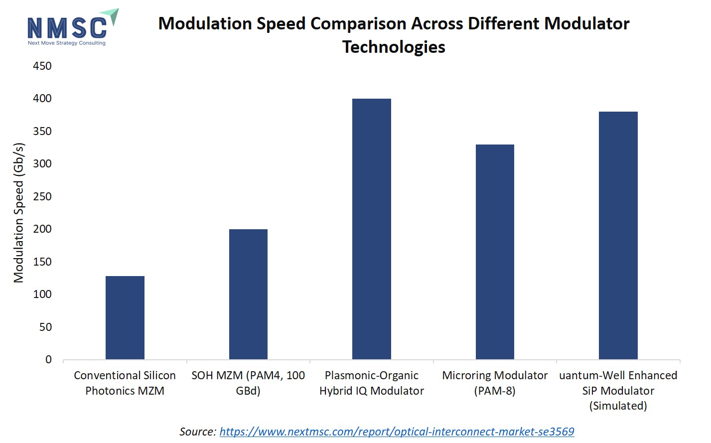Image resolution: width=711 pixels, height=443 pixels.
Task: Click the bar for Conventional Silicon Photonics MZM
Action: (x=125, y=317)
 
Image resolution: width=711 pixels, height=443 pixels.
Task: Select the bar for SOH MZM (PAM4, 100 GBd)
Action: (x=248, y=294)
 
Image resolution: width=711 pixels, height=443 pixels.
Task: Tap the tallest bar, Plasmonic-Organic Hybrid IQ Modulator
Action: (x=371, y=229)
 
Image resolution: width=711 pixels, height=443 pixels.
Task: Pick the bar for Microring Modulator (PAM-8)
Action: (x=495, y=252)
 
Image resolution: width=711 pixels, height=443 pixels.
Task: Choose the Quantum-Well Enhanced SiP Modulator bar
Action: (x=618, y=235)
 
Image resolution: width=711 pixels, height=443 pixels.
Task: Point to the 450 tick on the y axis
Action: (x=42, y=66)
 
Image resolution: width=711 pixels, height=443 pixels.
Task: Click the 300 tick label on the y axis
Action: (x=42, y=164)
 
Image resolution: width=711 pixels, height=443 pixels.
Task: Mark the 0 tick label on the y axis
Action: (x=48, y=360)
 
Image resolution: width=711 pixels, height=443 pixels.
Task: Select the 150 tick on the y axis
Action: (x=42, y=262)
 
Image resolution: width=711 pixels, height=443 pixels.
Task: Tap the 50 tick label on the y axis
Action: (x=45, y=327)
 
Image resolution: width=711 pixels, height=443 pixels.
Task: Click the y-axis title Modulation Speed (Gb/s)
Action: (x=19, y=213)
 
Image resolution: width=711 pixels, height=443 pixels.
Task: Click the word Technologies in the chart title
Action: (x=394, y=47)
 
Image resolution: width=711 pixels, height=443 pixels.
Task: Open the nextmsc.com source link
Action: (x=397, y=432)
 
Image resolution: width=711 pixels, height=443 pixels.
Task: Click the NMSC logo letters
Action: (x=67, y=28)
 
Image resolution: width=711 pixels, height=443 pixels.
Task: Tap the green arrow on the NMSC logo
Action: (x=113, y=16)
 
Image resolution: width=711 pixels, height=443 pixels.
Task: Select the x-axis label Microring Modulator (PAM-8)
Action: (x=495, y=383)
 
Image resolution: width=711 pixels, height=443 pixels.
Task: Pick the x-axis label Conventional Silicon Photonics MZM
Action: (x=125, y=383)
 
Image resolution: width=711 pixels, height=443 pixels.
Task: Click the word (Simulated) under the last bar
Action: (x=618, y=406)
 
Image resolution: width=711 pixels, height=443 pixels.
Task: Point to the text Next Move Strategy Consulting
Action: (x=67, y=43)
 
